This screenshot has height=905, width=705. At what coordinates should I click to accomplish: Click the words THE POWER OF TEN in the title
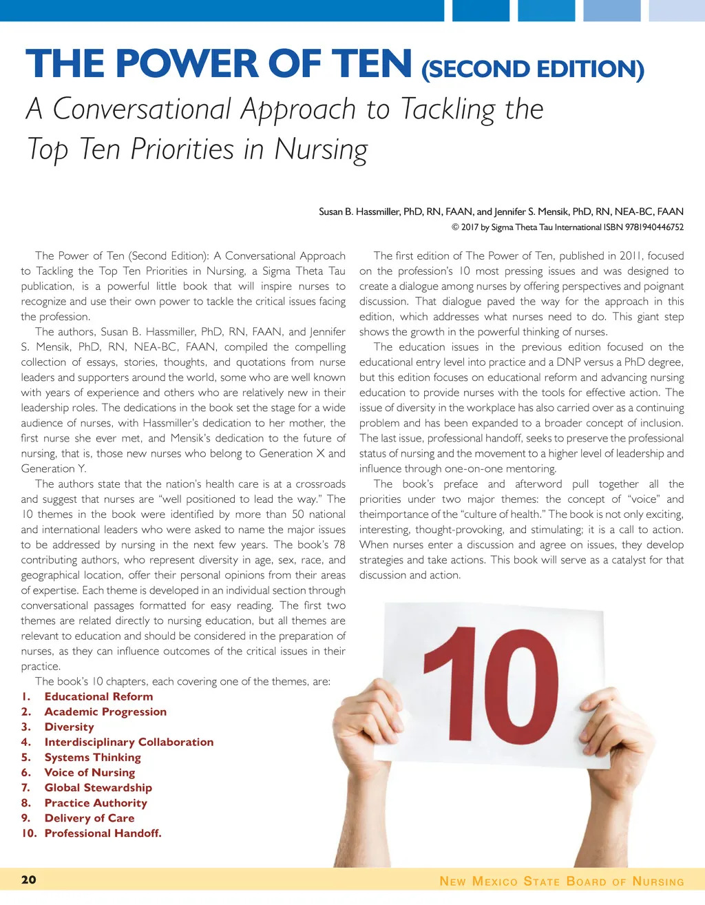[219, 64]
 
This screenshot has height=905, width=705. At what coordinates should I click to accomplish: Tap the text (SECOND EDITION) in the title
[532, 70]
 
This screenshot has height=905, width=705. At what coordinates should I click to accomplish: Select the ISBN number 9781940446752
[644, 227]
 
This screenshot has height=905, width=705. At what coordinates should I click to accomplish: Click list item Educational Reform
[98, 696]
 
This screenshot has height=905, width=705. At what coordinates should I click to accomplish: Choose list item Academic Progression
[105, 711]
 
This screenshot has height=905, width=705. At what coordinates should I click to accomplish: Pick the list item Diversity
[69, 727]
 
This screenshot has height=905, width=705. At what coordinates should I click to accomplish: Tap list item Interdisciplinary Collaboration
[129, 742]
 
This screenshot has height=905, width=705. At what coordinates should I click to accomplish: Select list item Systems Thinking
[92, 757]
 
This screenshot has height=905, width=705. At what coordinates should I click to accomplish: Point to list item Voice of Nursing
[90, 772]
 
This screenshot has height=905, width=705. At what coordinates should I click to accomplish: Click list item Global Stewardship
[98, 787]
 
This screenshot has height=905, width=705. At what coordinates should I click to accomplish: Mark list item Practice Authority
[96, 802]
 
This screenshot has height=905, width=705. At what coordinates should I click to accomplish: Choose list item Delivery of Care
[90, 818]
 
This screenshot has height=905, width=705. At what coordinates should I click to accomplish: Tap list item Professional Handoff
[103, 833]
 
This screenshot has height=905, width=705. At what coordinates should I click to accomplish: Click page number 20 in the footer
[29, 880]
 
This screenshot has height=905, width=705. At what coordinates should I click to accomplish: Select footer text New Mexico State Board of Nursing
[562, 882]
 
